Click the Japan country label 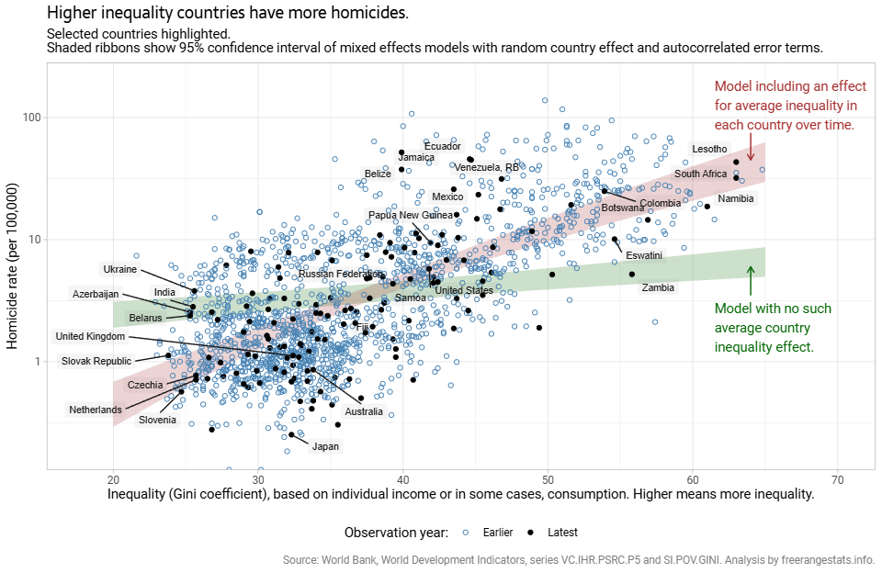click(325, 447)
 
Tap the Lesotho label click(709, 149)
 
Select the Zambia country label click(658, 287)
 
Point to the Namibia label click(736, 198)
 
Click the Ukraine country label click(119, 269)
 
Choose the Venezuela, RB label click(487, 167)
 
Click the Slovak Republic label click(96, 361)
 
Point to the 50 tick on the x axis click(548, 479)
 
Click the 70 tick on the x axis click(838, 479)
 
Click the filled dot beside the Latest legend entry click(530, 533)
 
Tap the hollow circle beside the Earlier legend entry click(465, 533)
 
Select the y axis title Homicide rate click(13, 266)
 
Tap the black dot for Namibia click(707, 206)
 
